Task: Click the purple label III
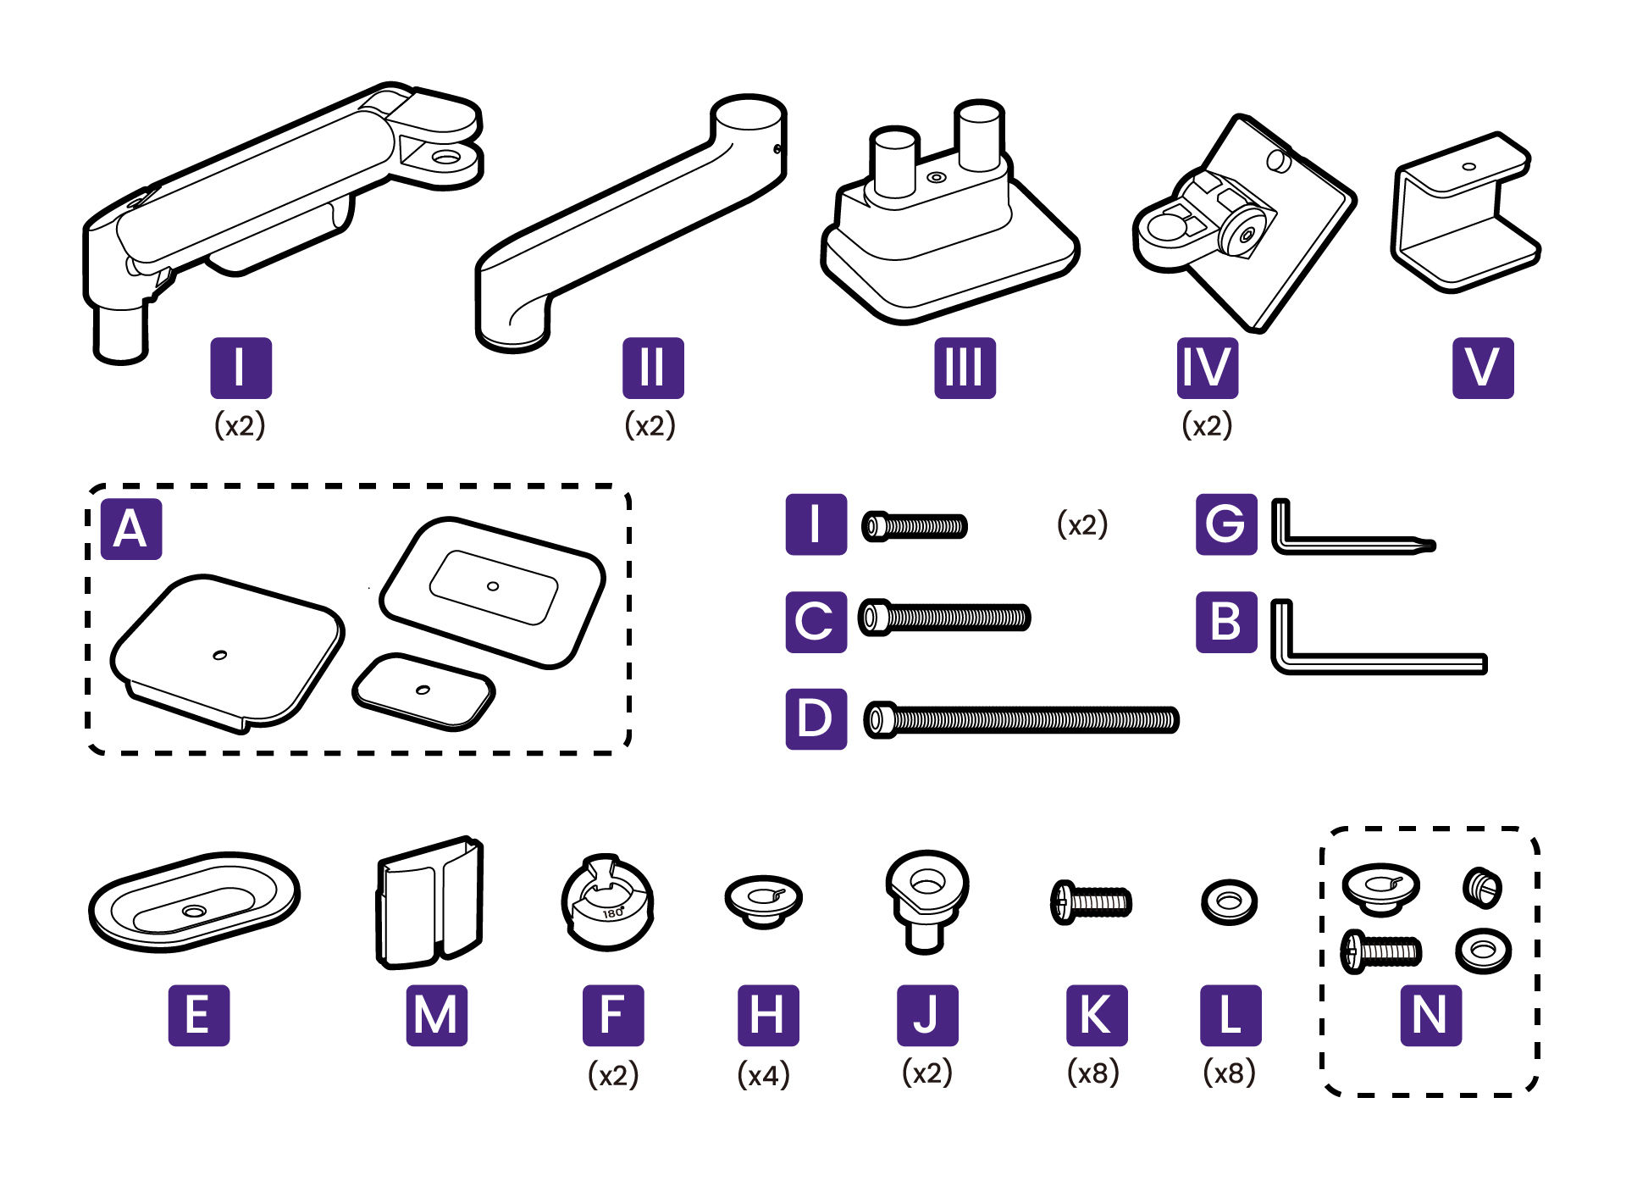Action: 965,368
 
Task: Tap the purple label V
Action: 1483,368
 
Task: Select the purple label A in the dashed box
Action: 131,529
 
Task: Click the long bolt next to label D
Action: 1020,720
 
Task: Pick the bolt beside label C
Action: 944,618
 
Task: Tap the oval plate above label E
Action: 195,902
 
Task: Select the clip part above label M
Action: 429,903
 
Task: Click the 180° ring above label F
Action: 607,903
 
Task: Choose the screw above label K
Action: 1091,902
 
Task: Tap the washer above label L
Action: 1229,902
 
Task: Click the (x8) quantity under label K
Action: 1092,1073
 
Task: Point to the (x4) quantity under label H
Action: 764,1075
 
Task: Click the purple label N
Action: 1431,1015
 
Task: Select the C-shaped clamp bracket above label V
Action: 1465,212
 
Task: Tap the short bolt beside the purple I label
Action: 914,526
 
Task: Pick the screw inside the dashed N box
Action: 1380,951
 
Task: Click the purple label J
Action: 928,1015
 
